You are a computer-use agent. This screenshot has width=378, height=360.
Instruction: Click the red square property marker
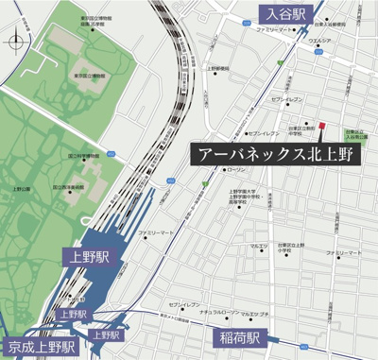(x=321, y=125)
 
